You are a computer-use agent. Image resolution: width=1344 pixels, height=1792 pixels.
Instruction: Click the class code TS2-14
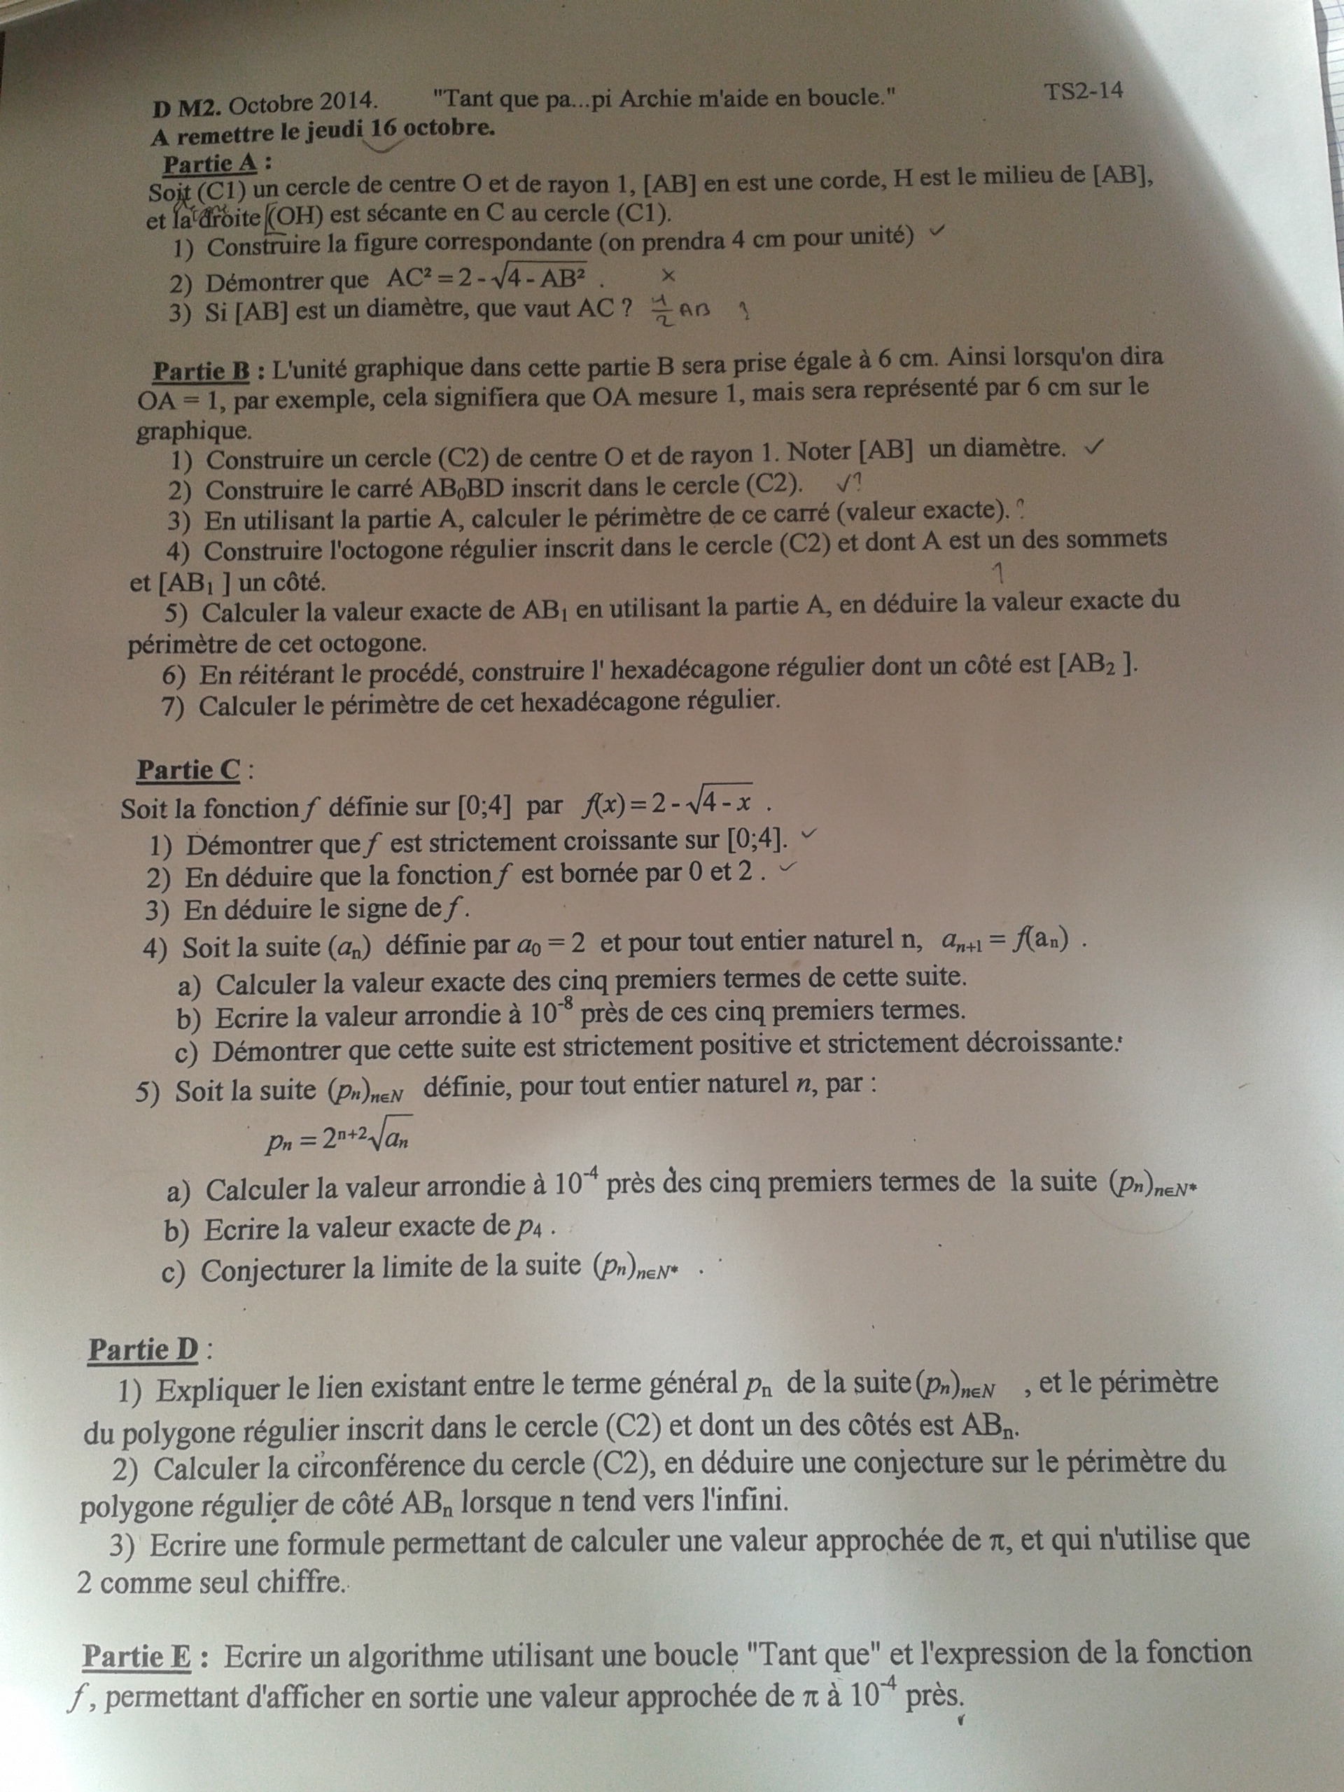[x=1083, y=91]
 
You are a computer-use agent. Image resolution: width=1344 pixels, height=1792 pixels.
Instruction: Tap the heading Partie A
[x=210, y=164]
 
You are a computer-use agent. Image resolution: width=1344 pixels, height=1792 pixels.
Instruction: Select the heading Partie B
[x=202, y=371]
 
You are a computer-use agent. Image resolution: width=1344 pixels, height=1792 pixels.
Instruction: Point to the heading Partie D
[x=143, y=1350]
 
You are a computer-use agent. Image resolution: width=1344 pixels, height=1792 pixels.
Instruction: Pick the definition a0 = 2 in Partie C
[x=551, y=944]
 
